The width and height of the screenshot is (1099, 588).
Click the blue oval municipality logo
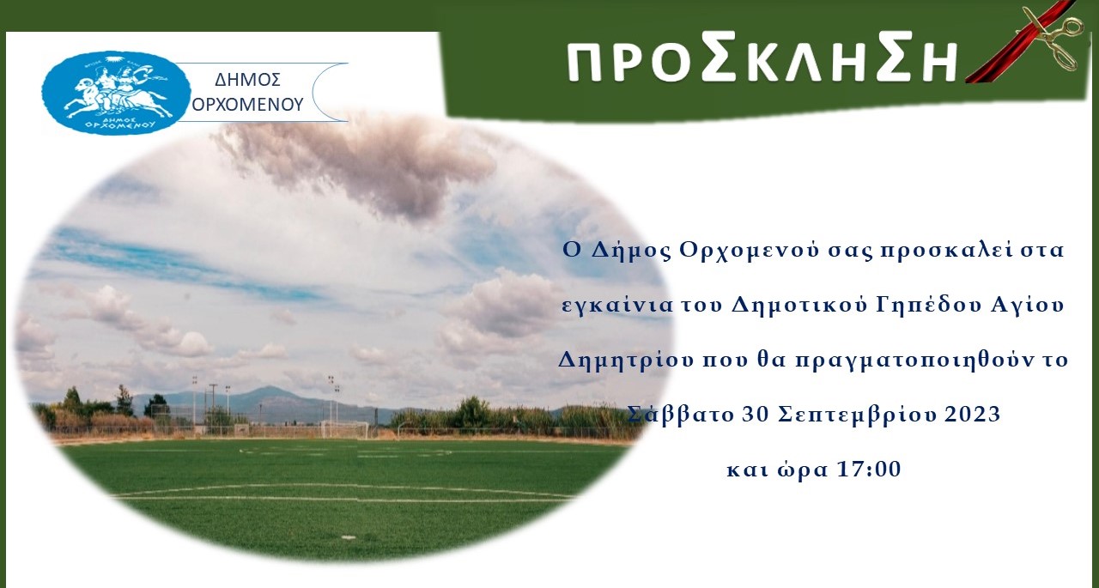click(x=116, y=94)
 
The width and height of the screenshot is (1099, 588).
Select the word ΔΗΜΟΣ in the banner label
click(x=248, y=80)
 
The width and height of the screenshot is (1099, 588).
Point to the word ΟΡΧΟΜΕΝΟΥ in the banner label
click(x=248, y=105)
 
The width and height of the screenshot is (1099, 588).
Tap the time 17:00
click(x=869, y=469)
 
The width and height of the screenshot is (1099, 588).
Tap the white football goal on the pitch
click(x=344, y=429)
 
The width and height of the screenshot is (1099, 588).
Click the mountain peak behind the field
click(x=267, y=388)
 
